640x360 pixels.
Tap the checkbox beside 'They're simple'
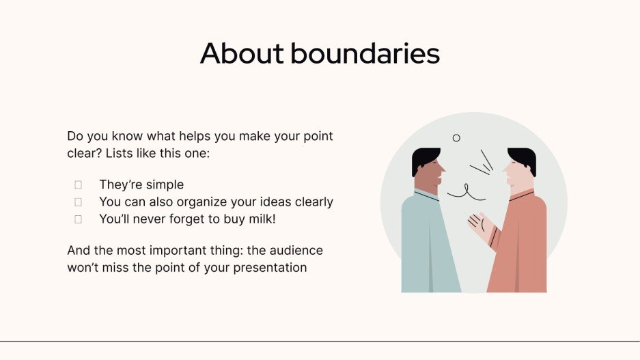coord(78,184)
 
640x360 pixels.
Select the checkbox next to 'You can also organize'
coord(78,202)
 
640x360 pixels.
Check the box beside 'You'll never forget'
coord(78,219)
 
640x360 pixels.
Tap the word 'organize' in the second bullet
coord(201,202)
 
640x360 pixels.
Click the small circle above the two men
coord(456,138)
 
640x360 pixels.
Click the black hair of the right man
coord(523,160)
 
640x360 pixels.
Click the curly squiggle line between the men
coord(467,193)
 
